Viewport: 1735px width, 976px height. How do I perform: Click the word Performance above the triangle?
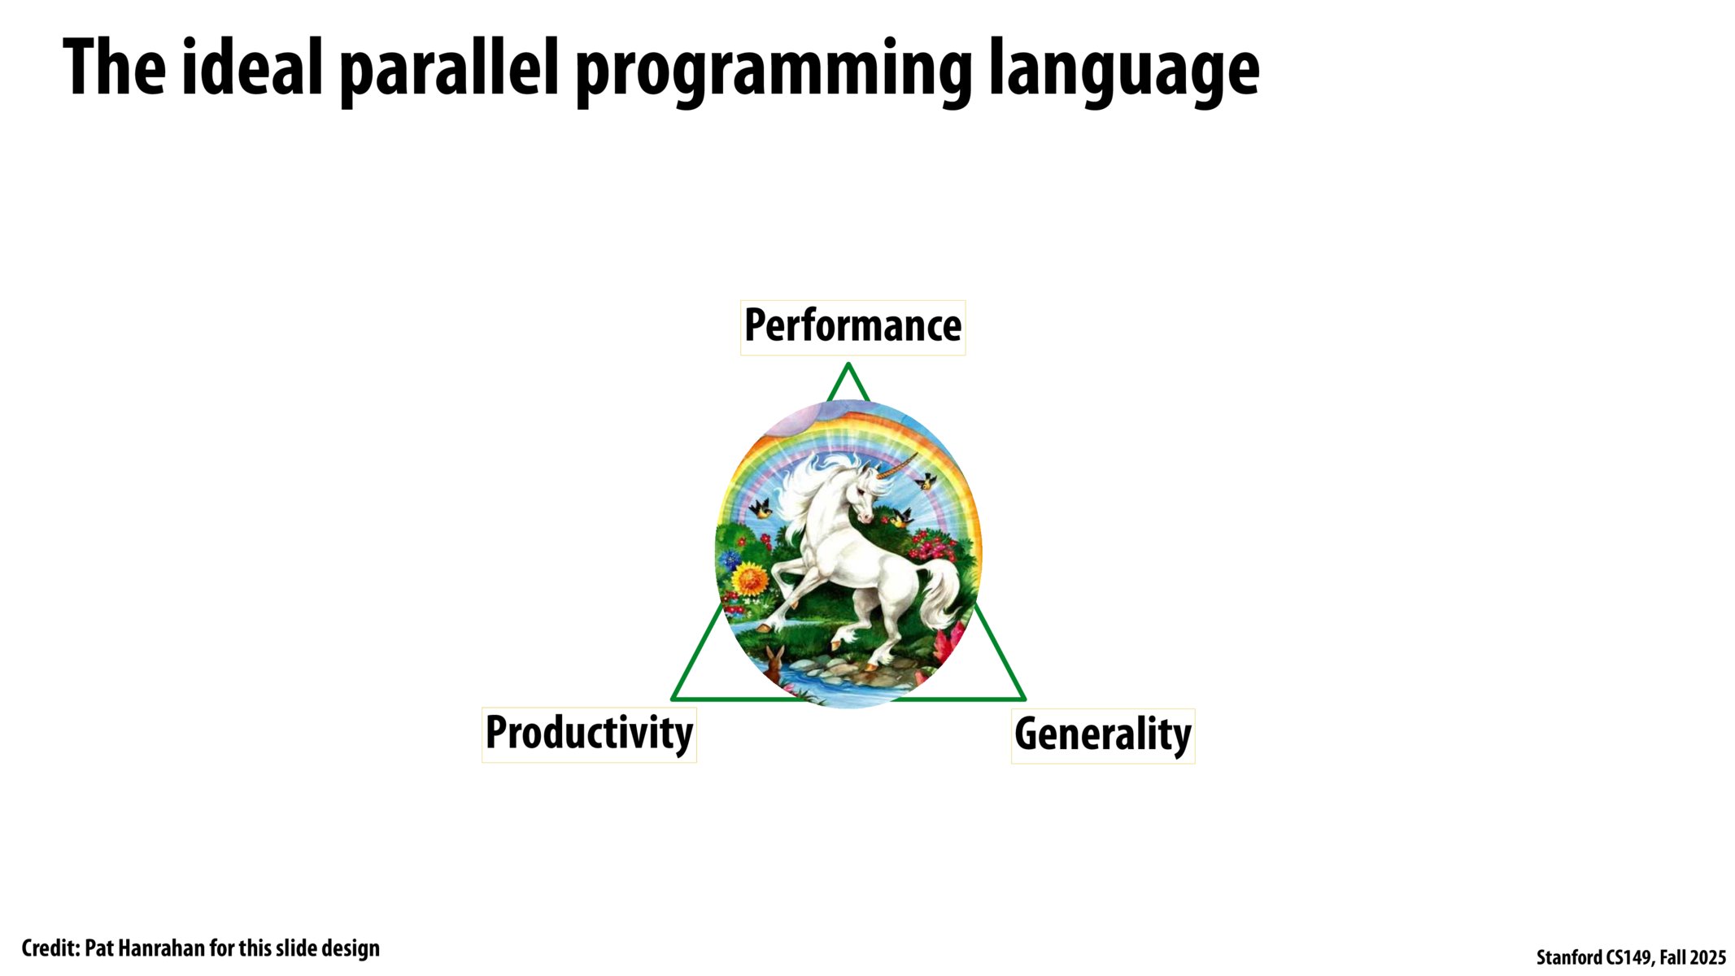(852, 327)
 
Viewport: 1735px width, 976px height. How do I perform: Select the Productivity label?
(589, 734)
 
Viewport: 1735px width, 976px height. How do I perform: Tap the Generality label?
(1102, 735)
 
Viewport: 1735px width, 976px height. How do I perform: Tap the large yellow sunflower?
(750, 580)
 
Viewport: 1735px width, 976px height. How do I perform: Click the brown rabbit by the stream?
(774, 663)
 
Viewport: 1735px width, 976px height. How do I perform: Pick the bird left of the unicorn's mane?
(761, 510)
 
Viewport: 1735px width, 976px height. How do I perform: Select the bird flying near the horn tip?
(926, 481)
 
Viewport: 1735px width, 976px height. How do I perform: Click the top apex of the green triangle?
(848, 365)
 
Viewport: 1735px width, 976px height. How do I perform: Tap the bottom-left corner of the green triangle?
(674, 698)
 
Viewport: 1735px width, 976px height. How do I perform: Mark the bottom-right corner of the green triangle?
(1023, 698)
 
